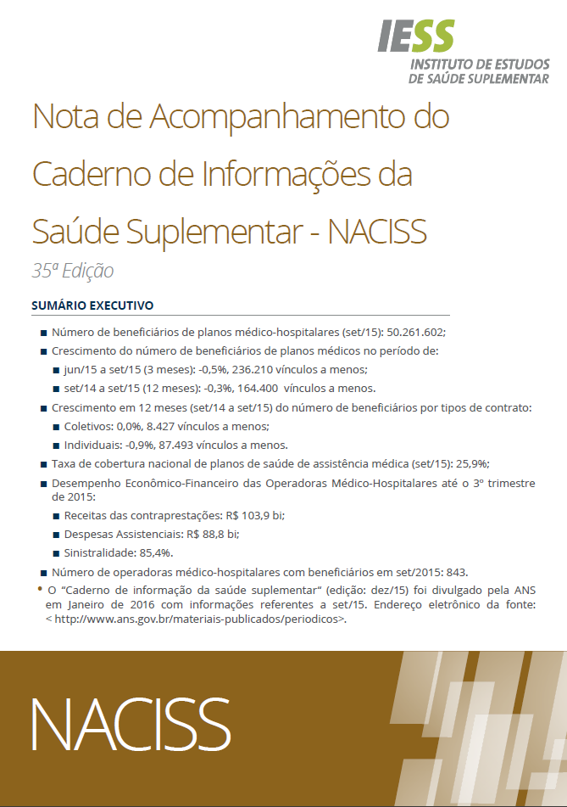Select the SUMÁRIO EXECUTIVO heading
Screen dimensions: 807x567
[x=92, y=304]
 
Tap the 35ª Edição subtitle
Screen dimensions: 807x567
[x=72, y=272]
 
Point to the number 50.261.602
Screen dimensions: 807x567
[x=415, y=333]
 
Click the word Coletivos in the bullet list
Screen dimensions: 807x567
[x=90, y=426]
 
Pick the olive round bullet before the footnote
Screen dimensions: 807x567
[x=41, y=587]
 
